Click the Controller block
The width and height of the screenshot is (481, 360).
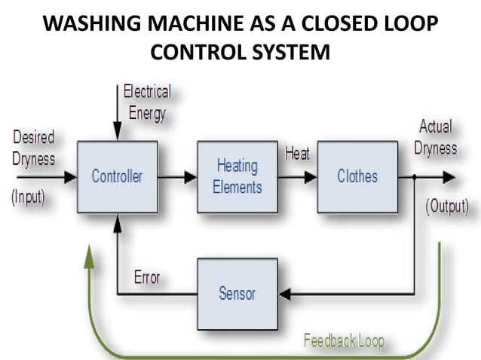coord(117,177)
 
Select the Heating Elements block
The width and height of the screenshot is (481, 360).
coord(237,177)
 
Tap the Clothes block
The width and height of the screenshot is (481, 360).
coord(357,177)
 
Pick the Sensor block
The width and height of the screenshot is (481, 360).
coord(237,293)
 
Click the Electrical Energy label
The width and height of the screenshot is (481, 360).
coord(147,103)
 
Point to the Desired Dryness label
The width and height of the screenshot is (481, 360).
coord(33,148)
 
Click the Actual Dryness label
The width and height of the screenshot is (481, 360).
coord(436,137)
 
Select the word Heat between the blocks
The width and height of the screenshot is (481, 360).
coord(297,154)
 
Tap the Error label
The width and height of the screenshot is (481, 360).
coord(147,276)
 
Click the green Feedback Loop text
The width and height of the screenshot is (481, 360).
coord(343,341)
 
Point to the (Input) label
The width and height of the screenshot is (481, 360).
coord(28,198)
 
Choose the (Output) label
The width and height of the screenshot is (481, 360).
coord(447,206)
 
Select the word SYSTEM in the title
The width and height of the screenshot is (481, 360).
coord(290,53)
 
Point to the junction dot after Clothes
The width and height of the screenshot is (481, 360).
coord(415,178)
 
